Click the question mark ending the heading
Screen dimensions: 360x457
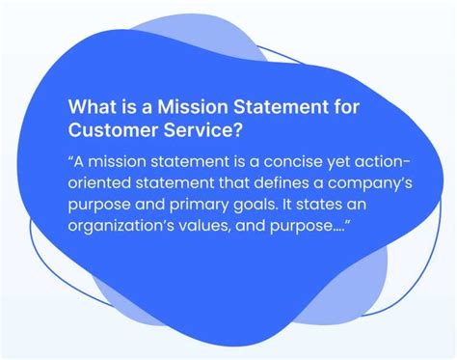tap(237, 129)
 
